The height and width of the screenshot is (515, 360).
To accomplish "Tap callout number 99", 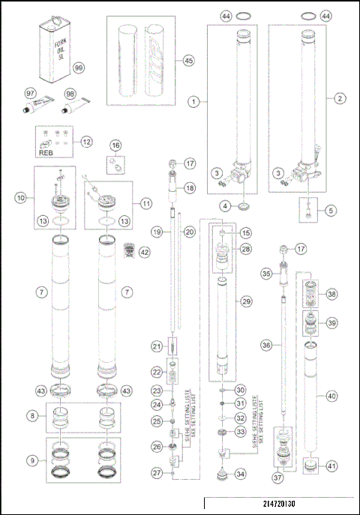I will (x=79, y=67).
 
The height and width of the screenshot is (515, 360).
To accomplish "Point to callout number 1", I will (x=193, y=99).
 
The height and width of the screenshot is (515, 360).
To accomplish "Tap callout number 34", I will (x=241, y=473).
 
